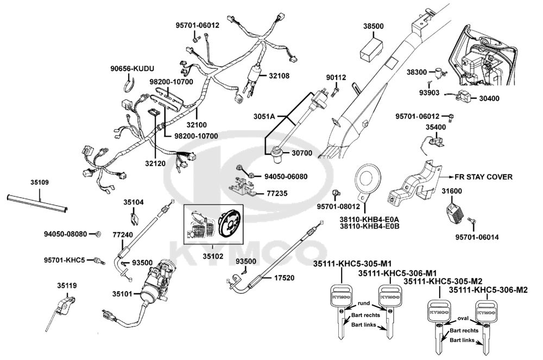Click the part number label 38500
tap(373, 26)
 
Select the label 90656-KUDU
tap(132, 69)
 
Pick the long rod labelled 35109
tap(37, 203)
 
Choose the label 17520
tap(284, 277)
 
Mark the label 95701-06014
tap(477, 237)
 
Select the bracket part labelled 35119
tap(66, 304)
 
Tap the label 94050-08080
tap(65, 234)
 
